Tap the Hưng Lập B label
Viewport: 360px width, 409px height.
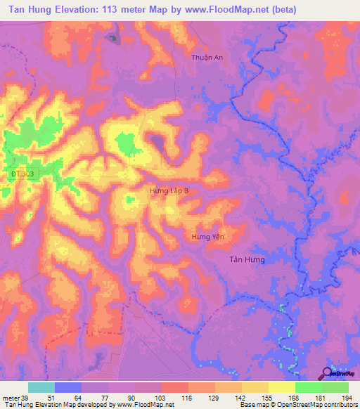[x=169, y=190]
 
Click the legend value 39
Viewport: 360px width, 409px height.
[x=25, y=398]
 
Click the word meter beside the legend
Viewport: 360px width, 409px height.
[x=10, y=398]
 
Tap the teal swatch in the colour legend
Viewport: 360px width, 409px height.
[x=41, y=387]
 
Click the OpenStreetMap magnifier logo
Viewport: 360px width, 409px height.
[x=326, y=373]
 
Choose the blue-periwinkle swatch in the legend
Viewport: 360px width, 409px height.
[x=68, y=387]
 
